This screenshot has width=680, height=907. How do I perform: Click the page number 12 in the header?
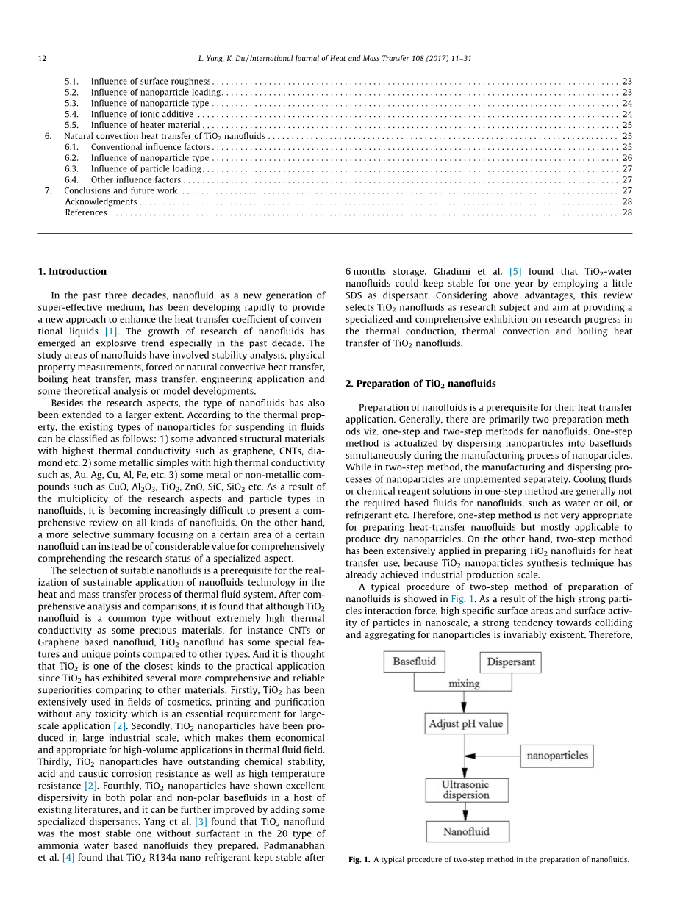pos(42,58)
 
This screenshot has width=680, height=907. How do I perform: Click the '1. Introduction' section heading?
pos(72,271)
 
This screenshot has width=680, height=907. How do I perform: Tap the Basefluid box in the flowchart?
pos(414,662)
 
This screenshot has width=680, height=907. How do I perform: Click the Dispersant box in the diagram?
pos(510,663)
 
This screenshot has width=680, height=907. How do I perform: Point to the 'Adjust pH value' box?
pos(466,723)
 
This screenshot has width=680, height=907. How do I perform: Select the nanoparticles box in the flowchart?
pos(556,756)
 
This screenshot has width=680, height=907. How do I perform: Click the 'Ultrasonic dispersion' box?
pos(466,790)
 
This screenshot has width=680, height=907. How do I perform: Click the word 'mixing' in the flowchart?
pos(464,684)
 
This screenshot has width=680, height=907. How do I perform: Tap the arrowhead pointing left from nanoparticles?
pos(471,756)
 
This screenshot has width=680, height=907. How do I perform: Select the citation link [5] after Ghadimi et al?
pos(515,272)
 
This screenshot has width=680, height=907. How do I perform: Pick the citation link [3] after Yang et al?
pos(200,822)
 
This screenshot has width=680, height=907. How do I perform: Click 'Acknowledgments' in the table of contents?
pos(101,201)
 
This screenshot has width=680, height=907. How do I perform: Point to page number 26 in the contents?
pos(627,158)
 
